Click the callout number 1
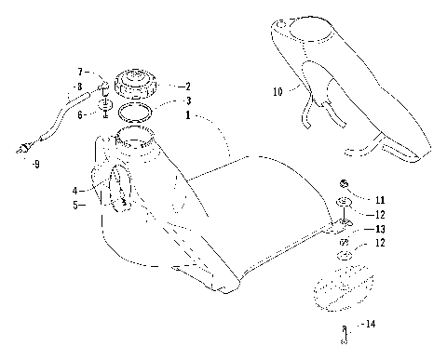coord(189,116)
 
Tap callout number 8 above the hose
coord(79,87)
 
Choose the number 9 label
coord(35,165)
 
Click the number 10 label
coord(277,91)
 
